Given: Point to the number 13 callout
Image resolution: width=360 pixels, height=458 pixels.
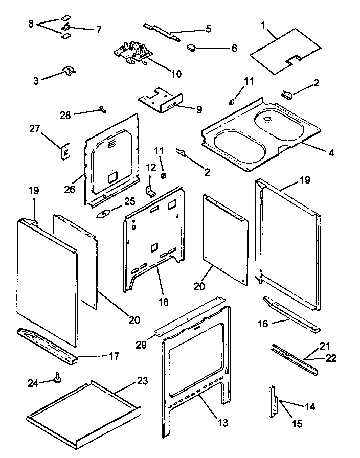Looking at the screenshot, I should click(x=222, y=423).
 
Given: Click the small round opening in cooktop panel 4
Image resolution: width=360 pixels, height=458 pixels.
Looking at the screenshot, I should click(x=266, y=119).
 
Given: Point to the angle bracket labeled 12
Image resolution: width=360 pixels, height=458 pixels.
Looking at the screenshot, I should click(x=151, y=190).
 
